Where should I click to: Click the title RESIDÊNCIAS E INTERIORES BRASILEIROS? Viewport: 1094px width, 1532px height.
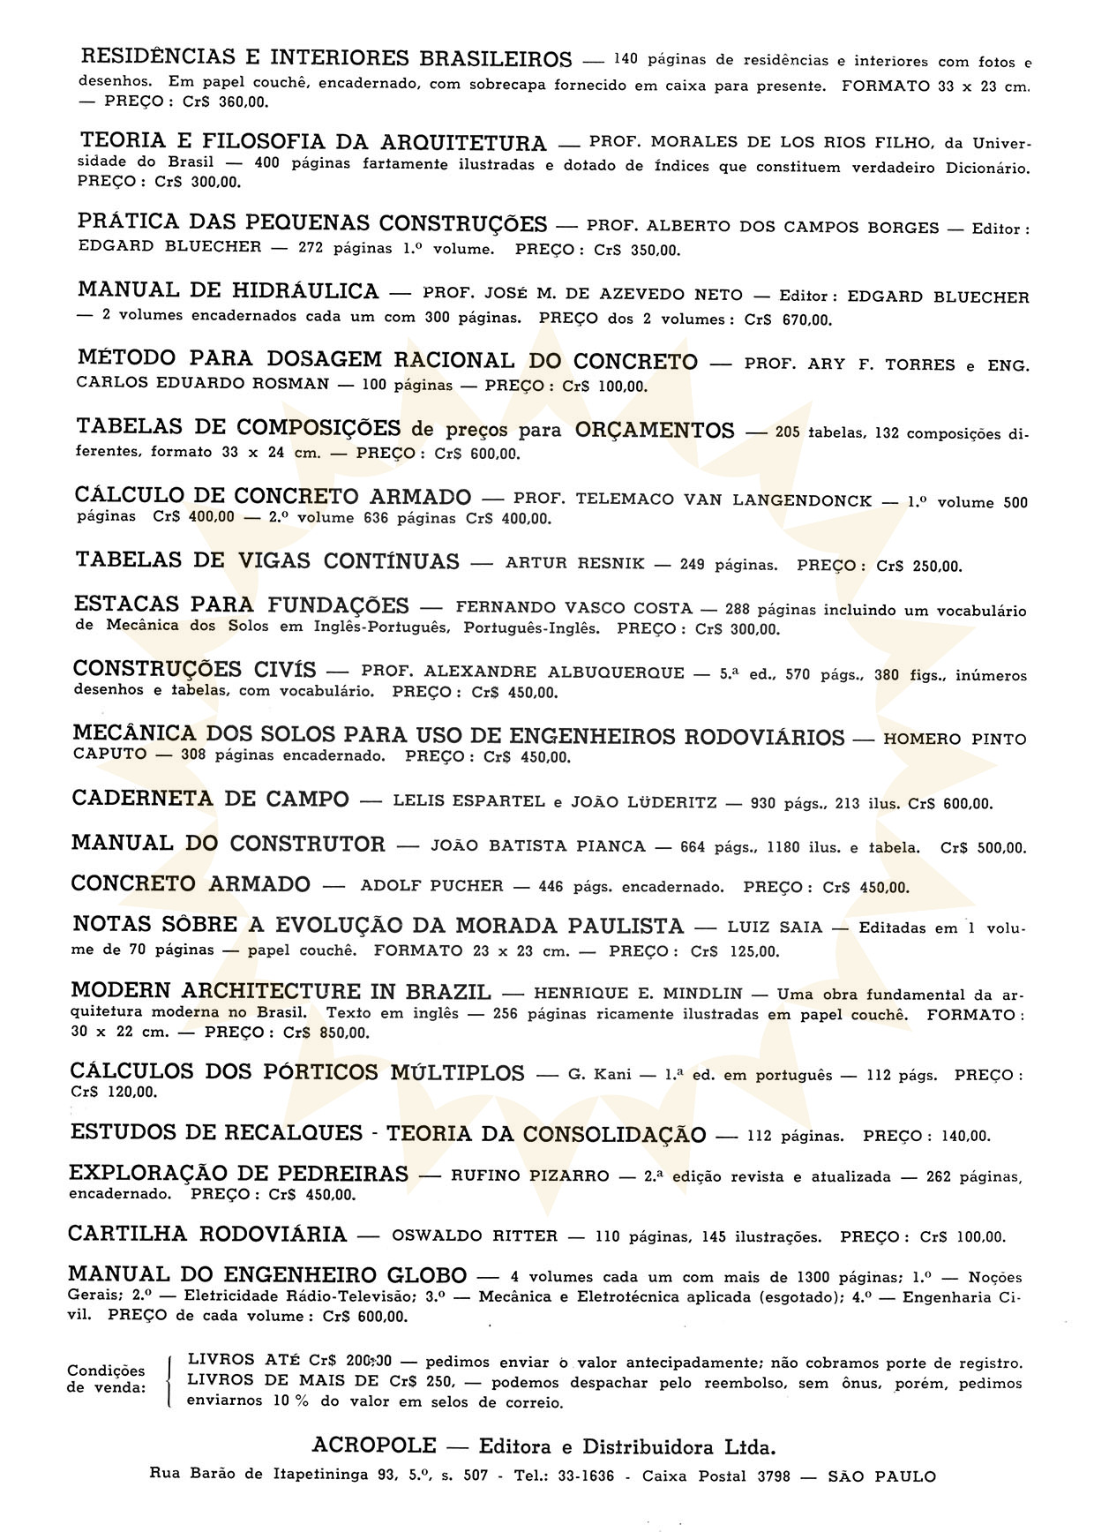click(x=326, y=59)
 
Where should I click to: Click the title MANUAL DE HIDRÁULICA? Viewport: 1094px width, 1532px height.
click(x=228, y=290)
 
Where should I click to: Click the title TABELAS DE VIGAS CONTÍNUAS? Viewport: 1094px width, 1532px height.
click(x=267, y=561)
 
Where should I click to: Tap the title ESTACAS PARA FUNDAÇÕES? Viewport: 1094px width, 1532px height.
click(x=242, y=605)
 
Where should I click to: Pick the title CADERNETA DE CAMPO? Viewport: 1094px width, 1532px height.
click(x=210, y=799)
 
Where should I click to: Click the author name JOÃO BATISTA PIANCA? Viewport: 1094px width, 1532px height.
click(x=538, y=846)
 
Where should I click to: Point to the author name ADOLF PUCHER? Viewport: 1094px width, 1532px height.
click(x=431, y=886)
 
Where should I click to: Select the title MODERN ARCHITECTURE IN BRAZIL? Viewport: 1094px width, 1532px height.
click(x=281, y=991)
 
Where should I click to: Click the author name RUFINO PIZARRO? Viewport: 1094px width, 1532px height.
click(x=529, y=1175)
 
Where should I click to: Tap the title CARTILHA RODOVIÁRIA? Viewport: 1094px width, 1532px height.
click(x=207, y=1234)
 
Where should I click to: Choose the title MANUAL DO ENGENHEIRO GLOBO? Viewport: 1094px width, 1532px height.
click(x=267, y=1275)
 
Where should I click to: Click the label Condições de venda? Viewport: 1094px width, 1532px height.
click(x=106, y=1378)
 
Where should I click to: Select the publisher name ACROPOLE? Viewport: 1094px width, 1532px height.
click(x=374, y=1446)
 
